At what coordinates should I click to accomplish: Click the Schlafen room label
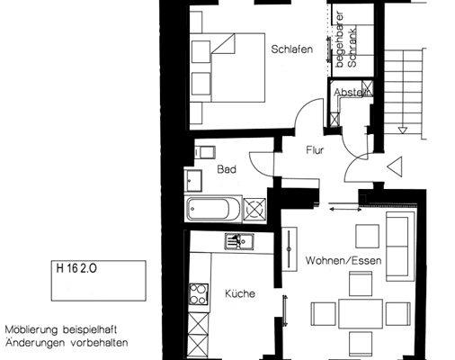pos(291,50)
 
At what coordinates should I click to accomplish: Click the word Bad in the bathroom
pos(226,168)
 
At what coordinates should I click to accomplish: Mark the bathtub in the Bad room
pos(214,211)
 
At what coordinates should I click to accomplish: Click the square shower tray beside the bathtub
pos(255,210)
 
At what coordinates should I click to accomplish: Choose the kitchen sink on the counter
pos(240,241)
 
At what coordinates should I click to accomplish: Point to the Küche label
pos(240,293)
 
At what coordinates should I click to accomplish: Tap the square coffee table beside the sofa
pos(368,236)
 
